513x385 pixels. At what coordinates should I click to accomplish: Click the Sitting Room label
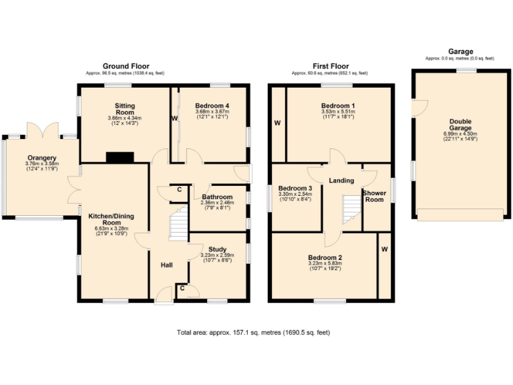click(x=124, y=110)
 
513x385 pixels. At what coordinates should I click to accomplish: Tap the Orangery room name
click(x=42, y=158)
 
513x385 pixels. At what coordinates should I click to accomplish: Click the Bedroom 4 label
click(x=212, y=106)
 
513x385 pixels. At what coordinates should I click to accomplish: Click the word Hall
click(x=166, y=265)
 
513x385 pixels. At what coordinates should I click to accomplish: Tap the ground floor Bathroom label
click(x=216, y=197)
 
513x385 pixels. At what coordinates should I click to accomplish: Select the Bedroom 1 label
click(x=337, y=106)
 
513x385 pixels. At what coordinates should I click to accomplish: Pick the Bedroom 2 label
click(x=325, y=258)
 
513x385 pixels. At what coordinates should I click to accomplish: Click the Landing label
click(x=341, y=180)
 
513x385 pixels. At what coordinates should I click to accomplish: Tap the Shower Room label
click(x=373, y=196)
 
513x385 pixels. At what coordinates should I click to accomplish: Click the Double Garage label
click(x=460, y=125)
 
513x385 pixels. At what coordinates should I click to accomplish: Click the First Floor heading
click(x=331, y=66)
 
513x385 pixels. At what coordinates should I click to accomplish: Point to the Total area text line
click(x=253, y=332)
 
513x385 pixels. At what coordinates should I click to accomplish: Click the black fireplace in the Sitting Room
click(x=120, y=158)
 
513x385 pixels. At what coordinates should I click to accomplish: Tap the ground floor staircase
click(x=178, y=224)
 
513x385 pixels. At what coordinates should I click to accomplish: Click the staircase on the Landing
click(x=351, y=209)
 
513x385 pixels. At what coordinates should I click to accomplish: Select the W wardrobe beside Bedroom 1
click(x=276, y=123)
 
